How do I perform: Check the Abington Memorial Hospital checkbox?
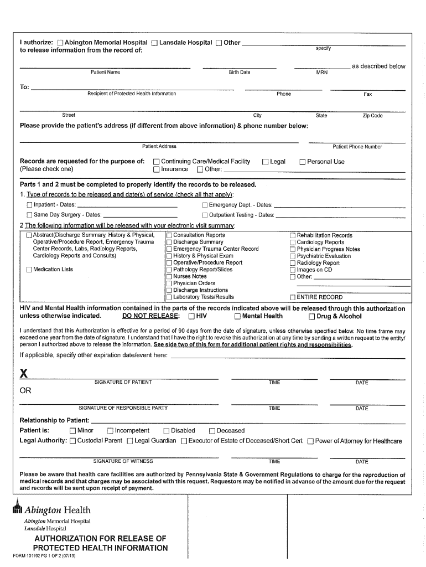60,43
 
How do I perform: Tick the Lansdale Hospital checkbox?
155,43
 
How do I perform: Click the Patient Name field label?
105,73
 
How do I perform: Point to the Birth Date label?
240,73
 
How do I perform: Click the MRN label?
321,73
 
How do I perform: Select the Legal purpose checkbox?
266,162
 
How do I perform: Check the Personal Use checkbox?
303,162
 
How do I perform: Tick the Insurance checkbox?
157,169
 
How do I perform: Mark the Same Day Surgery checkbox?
30,215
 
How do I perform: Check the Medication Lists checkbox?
29,270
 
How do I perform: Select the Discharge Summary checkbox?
169,243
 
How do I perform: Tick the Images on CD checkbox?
293,270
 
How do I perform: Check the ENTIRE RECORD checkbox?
293,297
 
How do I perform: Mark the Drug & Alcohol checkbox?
311,317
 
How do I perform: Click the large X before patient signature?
23,373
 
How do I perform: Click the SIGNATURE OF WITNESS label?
123,461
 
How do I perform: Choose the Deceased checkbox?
212,431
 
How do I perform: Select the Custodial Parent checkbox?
72,441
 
